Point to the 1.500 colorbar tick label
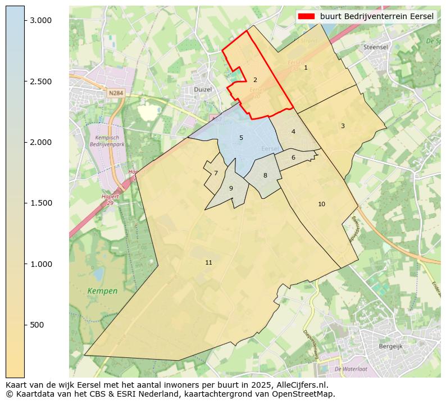41,203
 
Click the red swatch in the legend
307,16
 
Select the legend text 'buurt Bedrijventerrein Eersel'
377,16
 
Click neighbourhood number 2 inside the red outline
255,80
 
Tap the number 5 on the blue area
241,138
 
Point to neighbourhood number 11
208,262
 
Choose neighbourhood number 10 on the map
321,204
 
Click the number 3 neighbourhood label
343,126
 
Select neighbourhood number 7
216,173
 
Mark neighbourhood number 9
231,188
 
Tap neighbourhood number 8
265,175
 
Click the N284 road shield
116,93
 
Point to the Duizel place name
202,89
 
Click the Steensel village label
376,47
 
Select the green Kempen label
103,291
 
